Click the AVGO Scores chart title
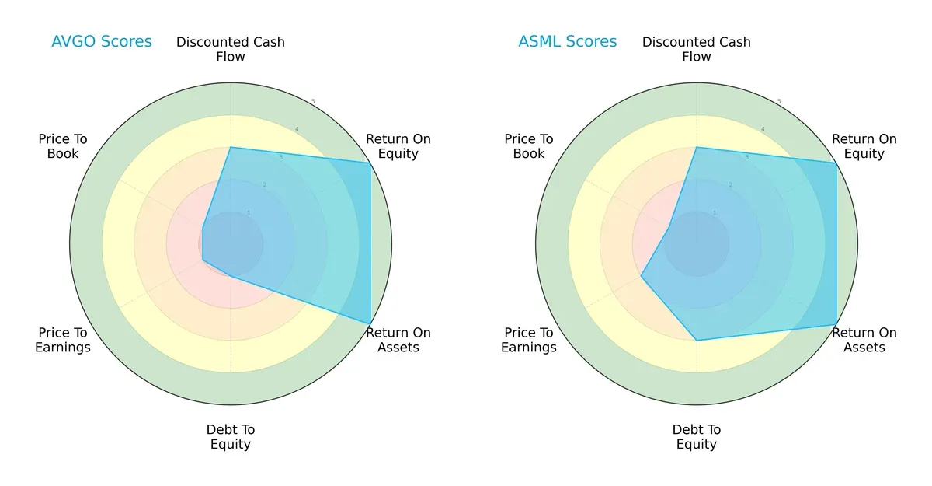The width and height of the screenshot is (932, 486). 101,41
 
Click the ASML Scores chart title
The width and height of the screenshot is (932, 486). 567,41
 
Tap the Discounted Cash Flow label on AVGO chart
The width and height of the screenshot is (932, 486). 231,49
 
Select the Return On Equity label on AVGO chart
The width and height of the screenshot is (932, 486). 398,146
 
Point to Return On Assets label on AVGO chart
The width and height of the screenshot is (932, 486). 398,340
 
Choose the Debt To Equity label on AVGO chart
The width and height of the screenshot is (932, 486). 231,437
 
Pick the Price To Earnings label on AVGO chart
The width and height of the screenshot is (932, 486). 63,340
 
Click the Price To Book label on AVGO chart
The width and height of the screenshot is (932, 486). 63,146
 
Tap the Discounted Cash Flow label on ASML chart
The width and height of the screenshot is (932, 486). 697,49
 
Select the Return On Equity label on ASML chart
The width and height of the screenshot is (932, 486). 864,146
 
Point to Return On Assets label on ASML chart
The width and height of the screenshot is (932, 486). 864,340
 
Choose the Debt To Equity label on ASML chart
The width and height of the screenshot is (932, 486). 697,437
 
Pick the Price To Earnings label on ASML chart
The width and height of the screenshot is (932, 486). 529,340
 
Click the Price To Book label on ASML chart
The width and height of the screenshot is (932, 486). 529,146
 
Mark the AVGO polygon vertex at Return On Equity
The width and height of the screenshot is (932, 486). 370,163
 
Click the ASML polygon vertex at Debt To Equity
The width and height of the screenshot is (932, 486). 697,340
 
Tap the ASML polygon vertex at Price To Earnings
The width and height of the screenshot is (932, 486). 641,276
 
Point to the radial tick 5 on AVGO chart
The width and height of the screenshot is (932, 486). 313,102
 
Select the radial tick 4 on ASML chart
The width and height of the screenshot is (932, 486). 762,129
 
